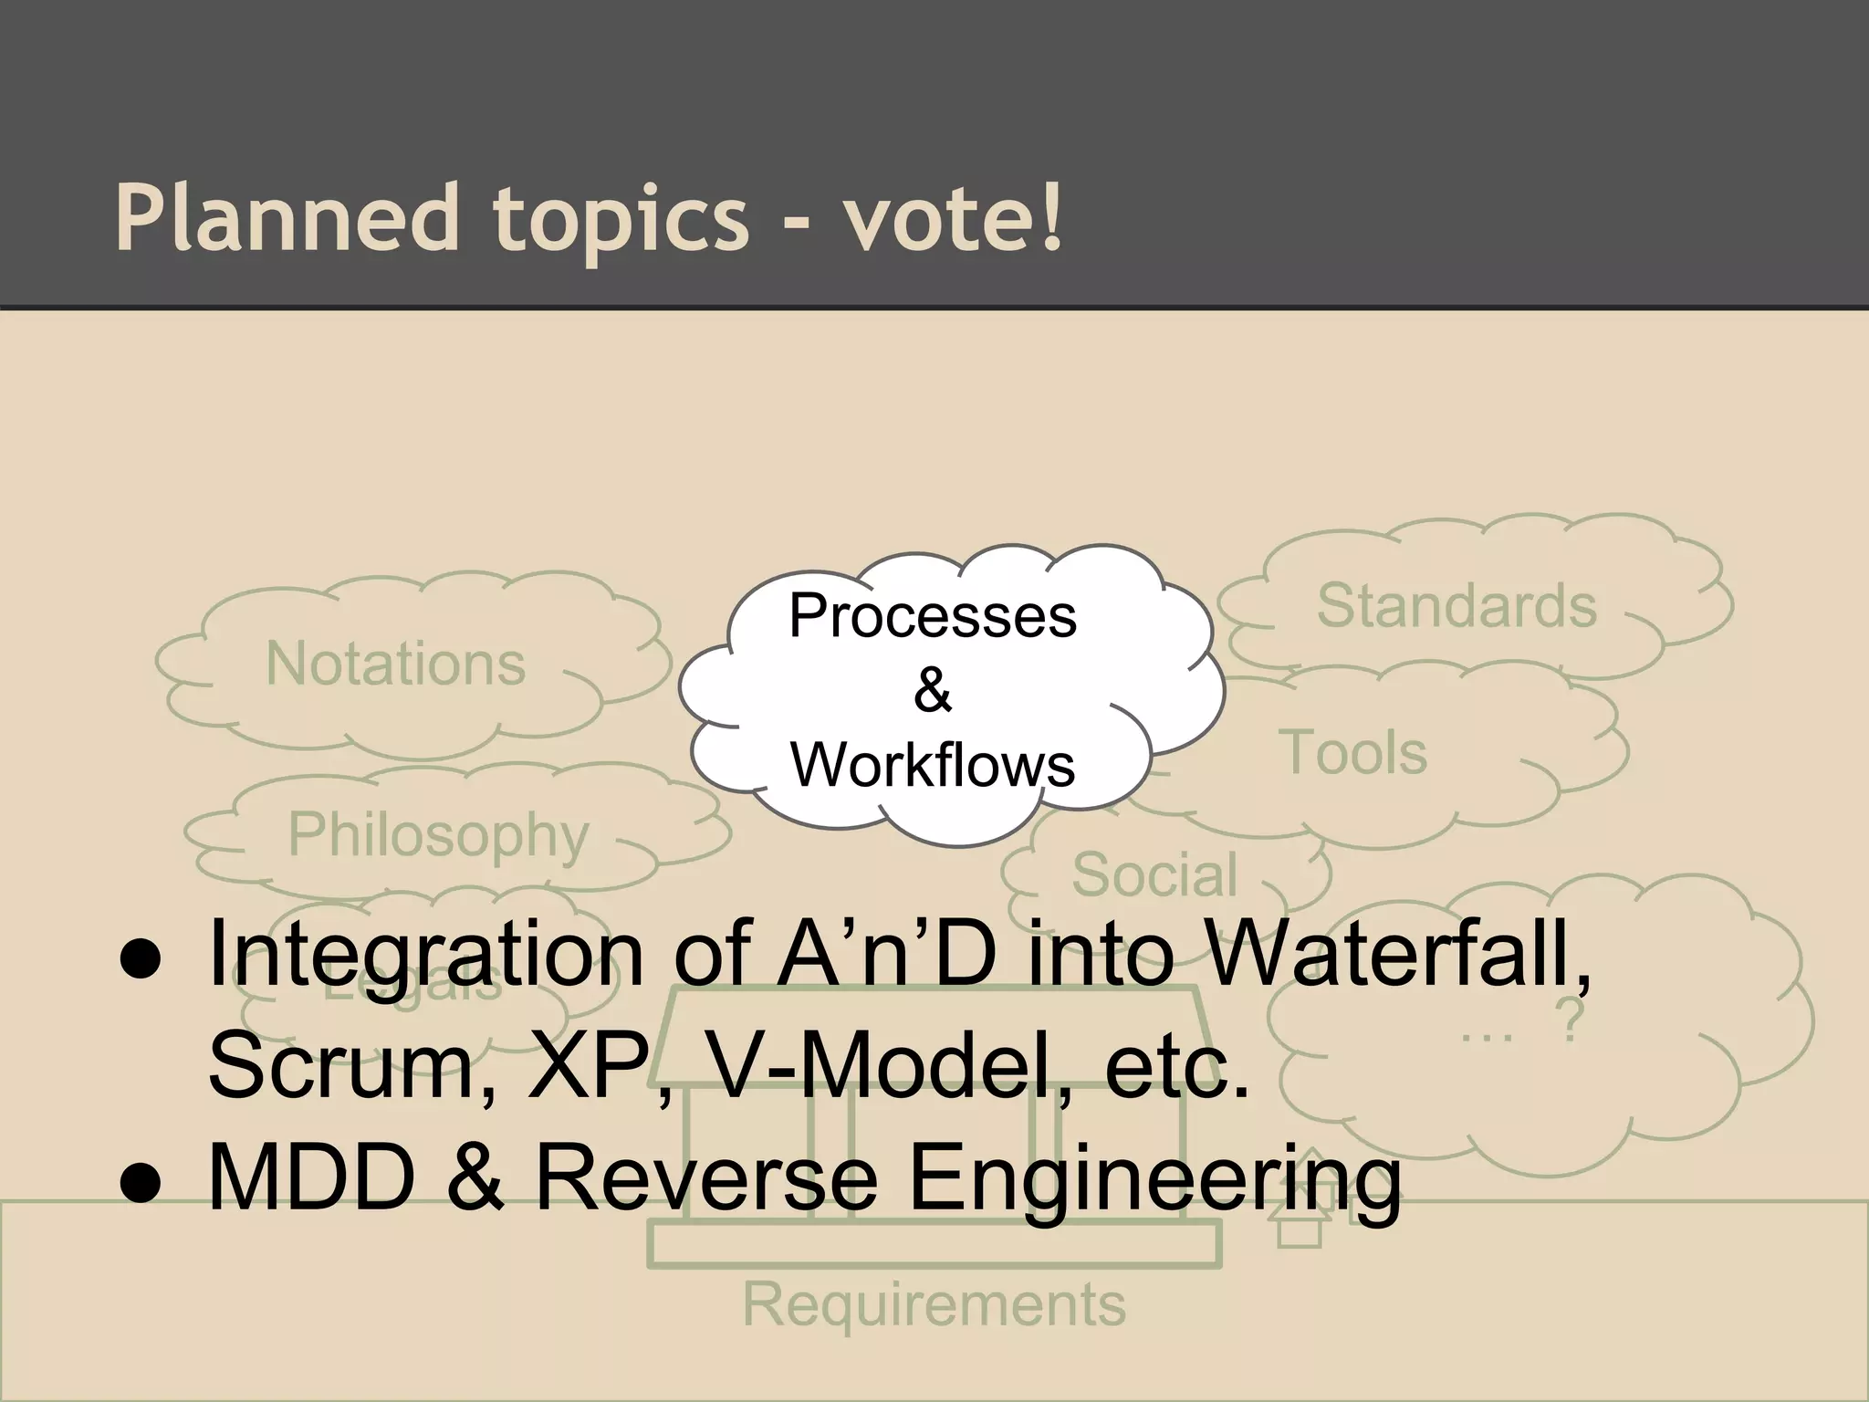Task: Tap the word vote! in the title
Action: pos(953,218)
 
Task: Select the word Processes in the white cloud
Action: pos(932,616)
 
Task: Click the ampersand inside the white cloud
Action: pos(932,690)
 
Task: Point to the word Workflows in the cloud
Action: pos(932,765)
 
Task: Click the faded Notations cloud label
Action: pos(395,664)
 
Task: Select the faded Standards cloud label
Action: pos(1456,606)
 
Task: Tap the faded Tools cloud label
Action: pos(1355,753)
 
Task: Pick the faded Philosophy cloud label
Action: pos(438,834)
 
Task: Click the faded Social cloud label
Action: pos(1154,874)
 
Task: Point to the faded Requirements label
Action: pos(934,1304)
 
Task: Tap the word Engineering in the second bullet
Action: pos(1154,1181)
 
